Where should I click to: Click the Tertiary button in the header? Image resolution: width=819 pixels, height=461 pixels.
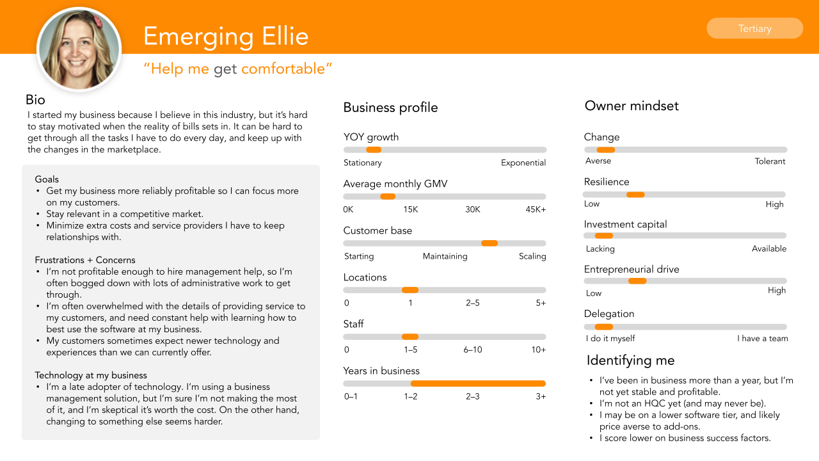coord(754,28)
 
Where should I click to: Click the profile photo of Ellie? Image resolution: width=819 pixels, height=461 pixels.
coord(79,49)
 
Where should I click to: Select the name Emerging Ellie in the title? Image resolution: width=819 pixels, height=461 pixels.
coord(226,36)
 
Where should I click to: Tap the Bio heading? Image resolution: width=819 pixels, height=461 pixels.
coord(36,99)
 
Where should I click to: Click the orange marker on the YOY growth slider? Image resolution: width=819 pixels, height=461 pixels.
coord(374,150)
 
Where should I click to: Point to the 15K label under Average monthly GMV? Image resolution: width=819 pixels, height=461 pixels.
coord(410,209)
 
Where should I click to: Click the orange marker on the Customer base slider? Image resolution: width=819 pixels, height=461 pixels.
coord(489,243)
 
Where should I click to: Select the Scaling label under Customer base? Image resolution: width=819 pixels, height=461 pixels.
coord(532,256)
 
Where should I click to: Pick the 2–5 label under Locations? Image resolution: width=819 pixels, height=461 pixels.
coord(473,303)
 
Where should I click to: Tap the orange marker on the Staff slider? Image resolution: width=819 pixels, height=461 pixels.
coord(410,337)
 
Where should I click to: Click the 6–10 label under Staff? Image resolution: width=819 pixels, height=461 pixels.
coord(473,350)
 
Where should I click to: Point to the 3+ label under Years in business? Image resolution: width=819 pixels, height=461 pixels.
coord(541,396)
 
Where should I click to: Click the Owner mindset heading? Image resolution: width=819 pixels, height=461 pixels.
coord(632,106)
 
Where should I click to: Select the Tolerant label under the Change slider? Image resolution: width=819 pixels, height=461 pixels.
coord(770,161)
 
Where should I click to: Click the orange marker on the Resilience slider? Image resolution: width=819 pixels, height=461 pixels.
coord(635,195)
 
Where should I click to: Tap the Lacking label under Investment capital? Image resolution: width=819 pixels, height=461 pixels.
coord(600,248)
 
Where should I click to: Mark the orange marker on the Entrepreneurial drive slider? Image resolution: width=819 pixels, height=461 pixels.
coord(637,281)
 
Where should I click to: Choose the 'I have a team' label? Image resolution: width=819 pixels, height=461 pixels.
coord(763,338)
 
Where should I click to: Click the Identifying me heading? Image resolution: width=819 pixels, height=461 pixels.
coord(630,360)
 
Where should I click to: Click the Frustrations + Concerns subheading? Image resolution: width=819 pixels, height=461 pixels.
coord(85,260)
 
